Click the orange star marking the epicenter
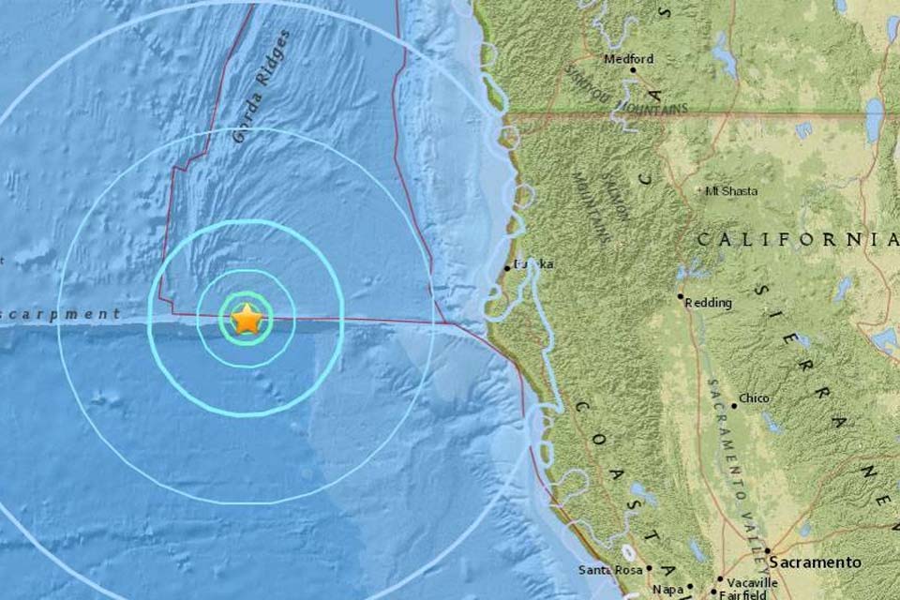246,320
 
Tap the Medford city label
628,58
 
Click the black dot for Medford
633,69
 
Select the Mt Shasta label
732,191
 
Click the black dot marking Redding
682,297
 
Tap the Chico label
754,398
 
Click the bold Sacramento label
815,562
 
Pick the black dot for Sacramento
766,551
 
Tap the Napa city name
667,589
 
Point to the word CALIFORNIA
797,241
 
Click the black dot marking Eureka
507,268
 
